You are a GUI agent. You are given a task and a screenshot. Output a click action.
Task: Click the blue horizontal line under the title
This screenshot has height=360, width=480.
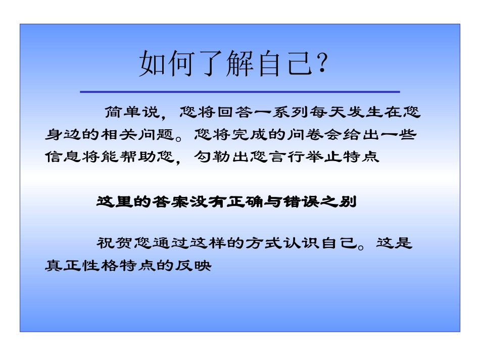tap(239, 92)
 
